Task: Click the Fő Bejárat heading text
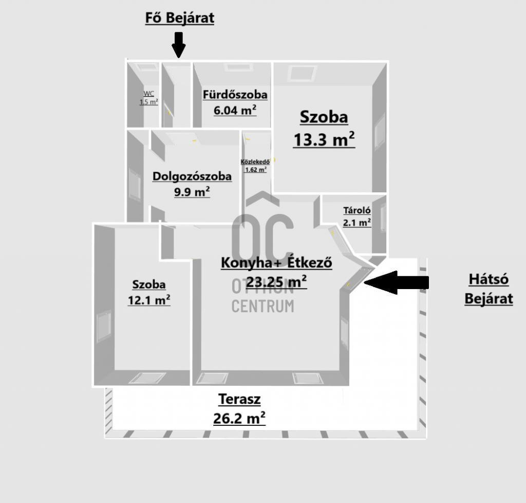[179, 18]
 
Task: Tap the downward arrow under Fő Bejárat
[179, 45]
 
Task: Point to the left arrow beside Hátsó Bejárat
[396, 282]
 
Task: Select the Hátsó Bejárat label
[489, 289]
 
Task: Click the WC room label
[149, 94]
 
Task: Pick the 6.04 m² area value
[235, 110]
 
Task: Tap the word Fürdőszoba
[235, 95]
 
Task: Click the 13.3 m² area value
[324, 139]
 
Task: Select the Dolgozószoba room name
[192, 176]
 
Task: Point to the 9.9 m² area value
[192, 192]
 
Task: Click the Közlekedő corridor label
[255, 162]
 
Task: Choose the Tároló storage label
[357, 210]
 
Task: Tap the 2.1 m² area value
[357, 222]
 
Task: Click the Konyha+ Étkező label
[276, 262]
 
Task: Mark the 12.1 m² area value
[149, 300]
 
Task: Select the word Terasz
[239, 400]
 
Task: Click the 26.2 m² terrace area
[239, 418]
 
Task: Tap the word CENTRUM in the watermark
[262, 306]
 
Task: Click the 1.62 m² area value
[256, 170]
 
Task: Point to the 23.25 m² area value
[276, 282]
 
